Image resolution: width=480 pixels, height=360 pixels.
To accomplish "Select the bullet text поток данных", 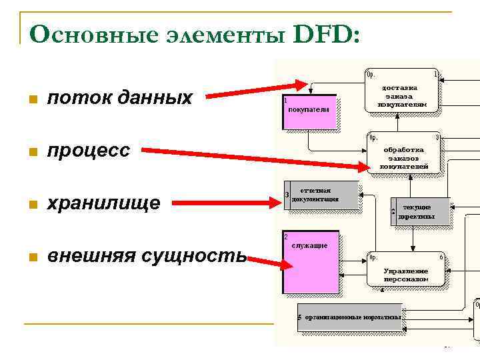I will tap(119, 99).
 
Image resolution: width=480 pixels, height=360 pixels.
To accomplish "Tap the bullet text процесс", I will tap(88, 151).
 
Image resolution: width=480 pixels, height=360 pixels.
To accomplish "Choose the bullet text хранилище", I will tap(103, 203).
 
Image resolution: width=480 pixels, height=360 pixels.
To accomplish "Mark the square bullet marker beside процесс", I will tap(29, 152).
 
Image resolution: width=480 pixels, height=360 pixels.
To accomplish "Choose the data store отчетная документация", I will tap(321, 195).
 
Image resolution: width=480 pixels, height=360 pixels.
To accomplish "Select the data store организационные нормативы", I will tap(351, 317).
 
